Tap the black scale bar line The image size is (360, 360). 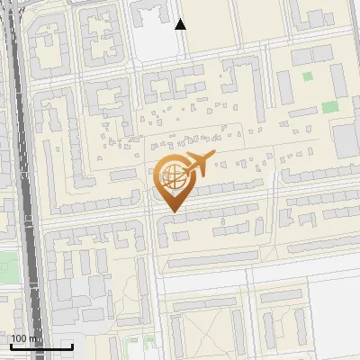coord(41,346)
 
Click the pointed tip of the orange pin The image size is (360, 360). coord(171,212)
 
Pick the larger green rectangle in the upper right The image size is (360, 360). coord(330,106)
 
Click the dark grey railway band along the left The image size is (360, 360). coord(28,180)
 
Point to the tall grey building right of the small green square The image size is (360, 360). coord(337,79)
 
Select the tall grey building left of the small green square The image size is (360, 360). coord(284,86)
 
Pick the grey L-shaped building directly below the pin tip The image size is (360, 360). coord(167,232)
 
